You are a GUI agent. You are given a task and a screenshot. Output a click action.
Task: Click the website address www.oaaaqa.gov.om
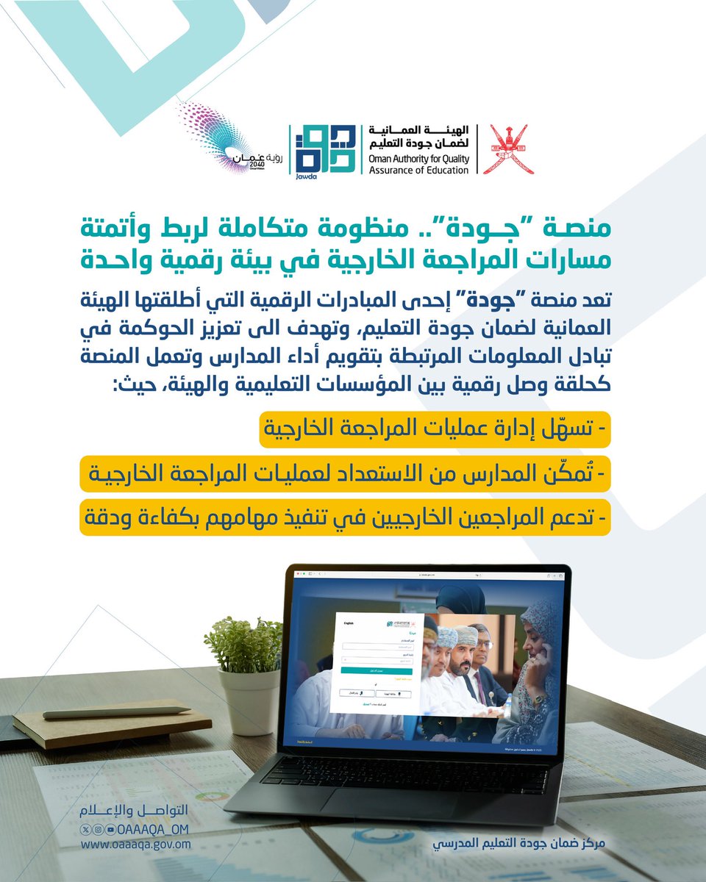[x=136, y=844]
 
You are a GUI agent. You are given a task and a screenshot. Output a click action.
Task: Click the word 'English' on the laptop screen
[x=349, y=623]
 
